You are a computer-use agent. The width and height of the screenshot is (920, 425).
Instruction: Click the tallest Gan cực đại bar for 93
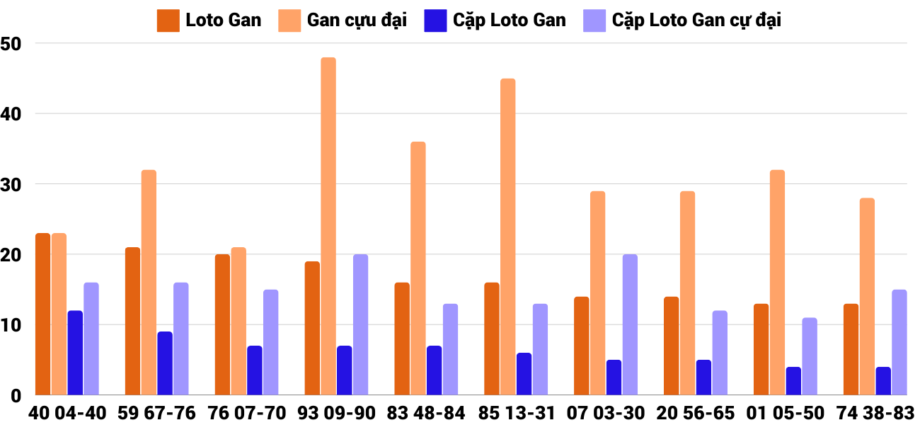coord(328,227)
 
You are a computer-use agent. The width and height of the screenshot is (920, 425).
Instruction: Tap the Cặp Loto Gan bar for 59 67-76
coord(165,363)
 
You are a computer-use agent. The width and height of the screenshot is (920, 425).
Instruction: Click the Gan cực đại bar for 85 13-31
coord(507,237)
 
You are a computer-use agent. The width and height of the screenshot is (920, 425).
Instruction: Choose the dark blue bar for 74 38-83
coord(883,381)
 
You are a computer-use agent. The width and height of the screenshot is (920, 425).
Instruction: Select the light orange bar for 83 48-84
coord(418,268)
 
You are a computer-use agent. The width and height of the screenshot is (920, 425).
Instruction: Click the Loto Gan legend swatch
coord(168,21)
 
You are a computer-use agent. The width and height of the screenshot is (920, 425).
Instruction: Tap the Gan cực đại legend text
coord(357,21)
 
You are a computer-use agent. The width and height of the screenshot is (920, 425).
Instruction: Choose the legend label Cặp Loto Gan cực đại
coord(696,21)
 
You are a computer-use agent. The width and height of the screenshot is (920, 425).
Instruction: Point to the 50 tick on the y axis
coord(12,44)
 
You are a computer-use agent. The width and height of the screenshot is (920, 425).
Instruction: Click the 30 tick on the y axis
coord(12,184)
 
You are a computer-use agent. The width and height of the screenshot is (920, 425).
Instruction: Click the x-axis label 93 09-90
coord(337,413)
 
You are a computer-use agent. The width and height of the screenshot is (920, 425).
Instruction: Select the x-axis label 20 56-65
coord(696,413)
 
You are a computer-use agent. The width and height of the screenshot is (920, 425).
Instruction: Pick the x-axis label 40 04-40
coord(68,413)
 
